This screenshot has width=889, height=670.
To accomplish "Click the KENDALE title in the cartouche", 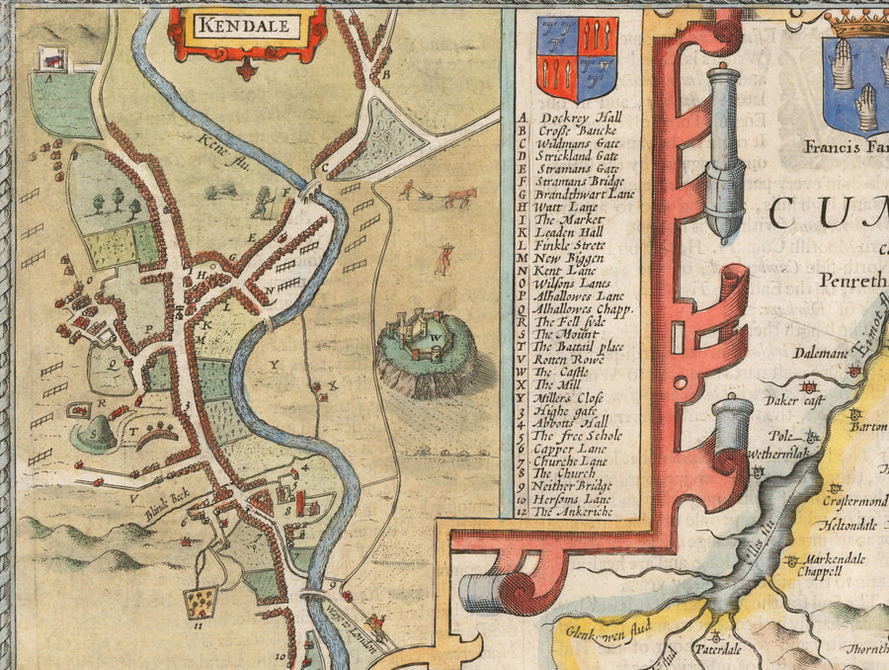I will (246, 26).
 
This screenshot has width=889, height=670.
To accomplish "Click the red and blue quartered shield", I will (577, 58).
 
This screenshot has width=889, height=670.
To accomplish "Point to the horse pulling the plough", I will (458, 197).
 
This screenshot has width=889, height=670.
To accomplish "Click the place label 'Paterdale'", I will (713, 652).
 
